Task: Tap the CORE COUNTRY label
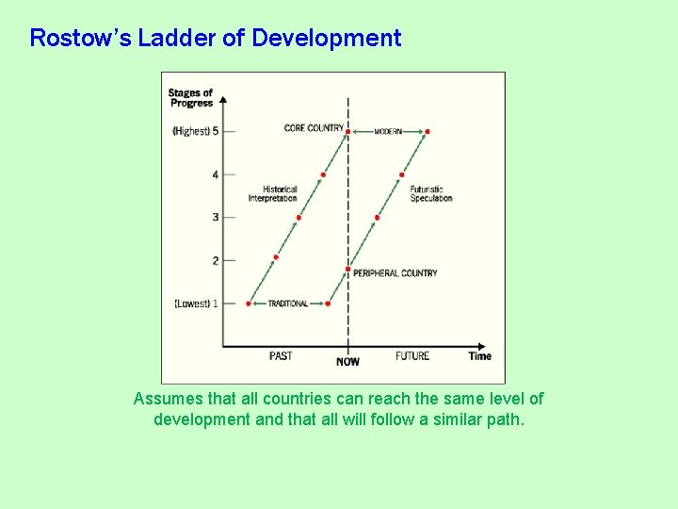coord(314,128)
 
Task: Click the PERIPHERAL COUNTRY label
coord(395,273)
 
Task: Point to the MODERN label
coord(388,131)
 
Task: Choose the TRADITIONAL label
coord(288,304)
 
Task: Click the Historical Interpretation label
coord(273,194)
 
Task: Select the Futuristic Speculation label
coord(431,194)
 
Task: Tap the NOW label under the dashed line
coord(347,362)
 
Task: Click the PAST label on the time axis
coord(281,356)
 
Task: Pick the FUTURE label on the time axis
coord(412,356)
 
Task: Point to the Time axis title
coord(480,356)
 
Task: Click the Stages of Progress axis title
coord(191,98)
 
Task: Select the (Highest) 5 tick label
coord(196,131)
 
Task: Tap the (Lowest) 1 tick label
coord(196,304)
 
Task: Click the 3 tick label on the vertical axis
coord(215,217)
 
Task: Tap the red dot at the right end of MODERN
coord(428,131)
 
